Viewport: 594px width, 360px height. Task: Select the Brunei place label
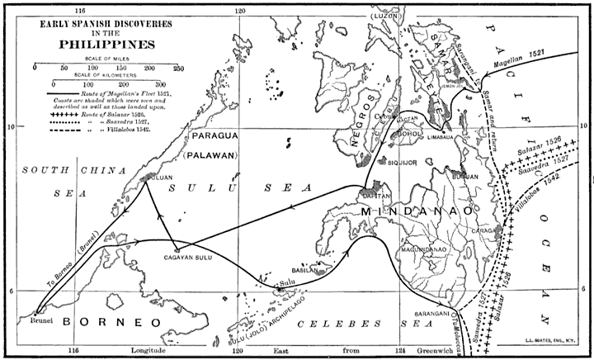(40, 319)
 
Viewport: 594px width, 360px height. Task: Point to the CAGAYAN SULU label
(177, 258)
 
